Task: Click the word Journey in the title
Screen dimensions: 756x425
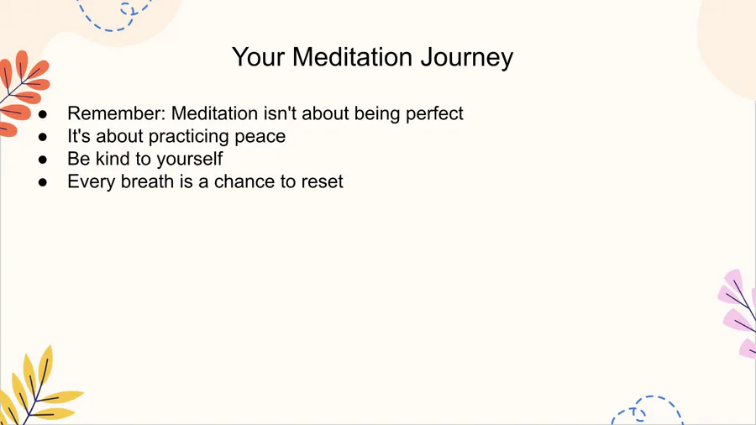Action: (x=467, y=58)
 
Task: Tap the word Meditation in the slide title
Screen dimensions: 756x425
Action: (x=353, y=57)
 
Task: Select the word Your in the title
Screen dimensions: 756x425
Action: (x=259, y=57)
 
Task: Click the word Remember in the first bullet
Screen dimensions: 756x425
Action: (x=116, y=113)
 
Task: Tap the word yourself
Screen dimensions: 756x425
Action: (x=190, y=159)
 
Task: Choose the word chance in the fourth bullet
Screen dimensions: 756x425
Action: (x=244, y=181)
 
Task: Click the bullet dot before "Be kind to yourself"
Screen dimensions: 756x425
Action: (x=43, y=160)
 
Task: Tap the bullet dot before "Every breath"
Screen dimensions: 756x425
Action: (x=43, y=182)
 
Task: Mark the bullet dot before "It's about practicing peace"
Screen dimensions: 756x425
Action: (x=43, y=137)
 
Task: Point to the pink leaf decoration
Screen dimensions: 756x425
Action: (x=738, y=313)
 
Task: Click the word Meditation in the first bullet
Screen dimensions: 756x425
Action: (x=214, y=113)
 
